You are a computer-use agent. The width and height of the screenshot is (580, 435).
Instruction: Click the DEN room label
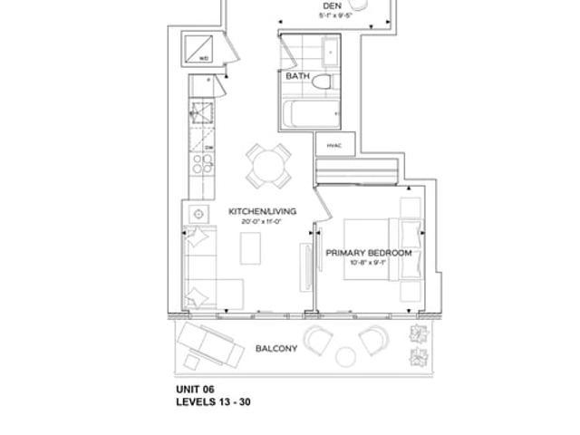(331, 5)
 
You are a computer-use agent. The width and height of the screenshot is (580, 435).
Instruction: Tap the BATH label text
(297, 77)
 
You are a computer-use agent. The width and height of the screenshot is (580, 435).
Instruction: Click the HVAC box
(333, 144)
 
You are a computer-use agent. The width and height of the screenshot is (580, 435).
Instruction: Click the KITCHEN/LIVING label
(262, 211)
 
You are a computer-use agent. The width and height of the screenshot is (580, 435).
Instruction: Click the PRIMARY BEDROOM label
(369, 253)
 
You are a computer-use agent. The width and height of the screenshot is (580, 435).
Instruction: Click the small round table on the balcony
(345, 356)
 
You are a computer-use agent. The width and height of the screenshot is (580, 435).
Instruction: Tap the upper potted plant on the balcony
(418, 333)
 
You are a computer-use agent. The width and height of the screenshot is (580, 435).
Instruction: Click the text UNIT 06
(195, 390)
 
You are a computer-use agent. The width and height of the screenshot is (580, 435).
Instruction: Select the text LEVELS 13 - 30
(213, 402)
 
